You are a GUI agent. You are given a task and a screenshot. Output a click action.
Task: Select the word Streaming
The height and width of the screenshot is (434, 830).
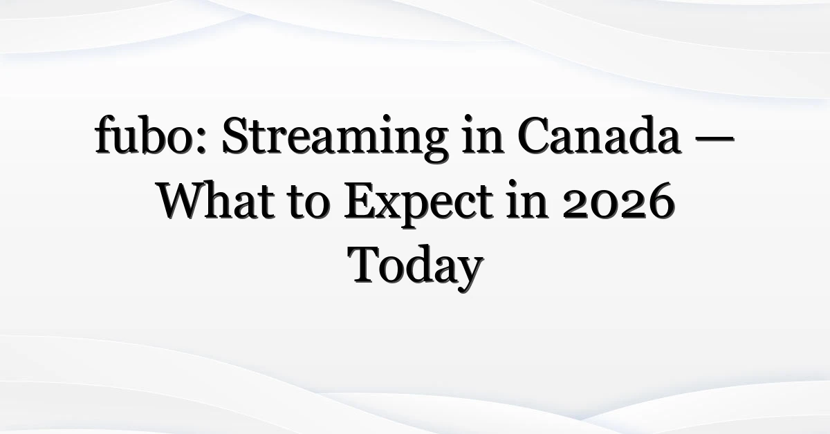click(335, 138)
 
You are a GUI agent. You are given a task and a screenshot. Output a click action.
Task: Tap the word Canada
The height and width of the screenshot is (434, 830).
click(599, 135)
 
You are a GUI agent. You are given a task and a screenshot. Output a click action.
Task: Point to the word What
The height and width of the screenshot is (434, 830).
click(217, 200)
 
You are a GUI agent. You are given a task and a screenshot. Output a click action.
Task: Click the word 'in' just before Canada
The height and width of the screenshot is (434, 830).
click(483, 135)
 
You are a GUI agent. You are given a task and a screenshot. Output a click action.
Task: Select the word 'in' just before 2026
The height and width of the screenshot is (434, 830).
click(528, 200)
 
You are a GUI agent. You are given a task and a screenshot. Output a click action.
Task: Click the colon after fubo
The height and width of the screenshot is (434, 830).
click(200, 142)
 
